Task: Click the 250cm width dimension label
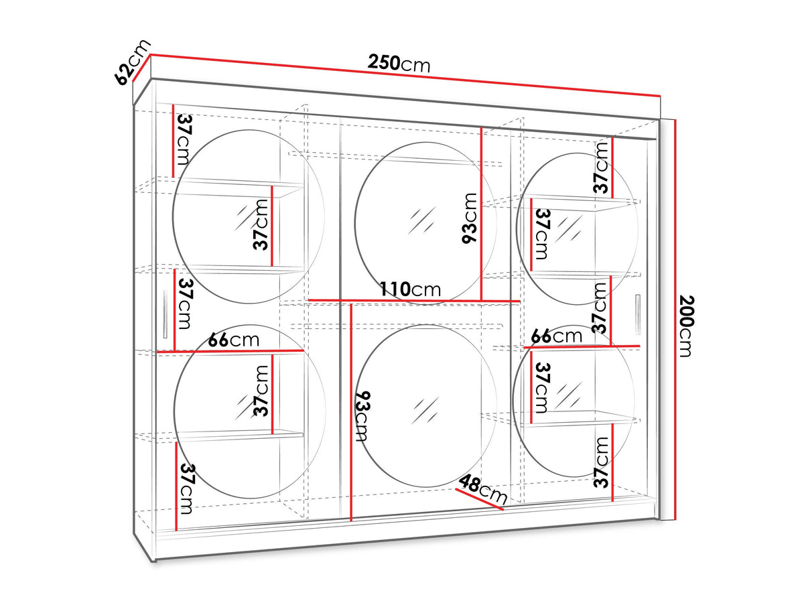399,64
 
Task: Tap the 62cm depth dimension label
132,62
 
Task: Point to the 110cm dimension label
410,289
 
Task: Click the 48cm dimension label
483,490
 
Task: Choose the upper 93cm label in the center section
469,218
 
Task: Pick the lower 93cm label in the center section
362,416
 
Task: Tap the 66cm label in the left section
234,340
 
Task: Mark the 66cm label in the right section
556,336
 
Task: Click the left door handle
165,314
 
